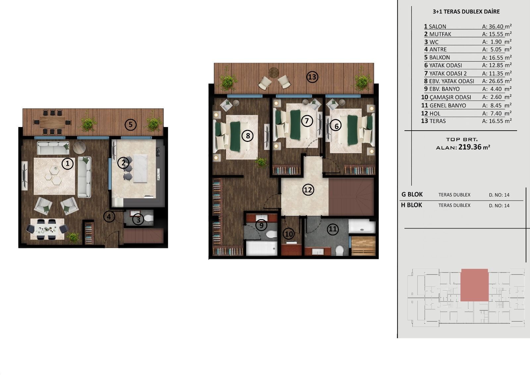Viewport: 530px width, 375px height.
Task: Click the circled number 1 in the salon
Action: [68, 163]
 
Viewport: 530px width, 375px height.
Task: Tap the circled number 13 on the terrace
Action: [312, 77]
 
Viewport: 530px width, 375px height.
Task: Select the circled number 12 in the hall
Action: [308, 190]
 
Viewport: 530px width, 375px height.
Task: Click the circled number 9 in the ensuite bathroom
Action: [261, 225]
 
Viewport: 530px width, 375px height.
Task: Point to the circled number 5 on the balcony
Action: [131, 125]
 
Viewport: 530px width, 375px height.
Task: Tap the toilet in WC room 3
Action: [148, 218]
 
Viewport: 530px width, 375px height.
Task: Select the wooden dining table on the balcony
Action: [52, 122]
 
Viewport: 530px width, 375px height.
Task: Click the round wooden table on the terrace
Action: [274, 72]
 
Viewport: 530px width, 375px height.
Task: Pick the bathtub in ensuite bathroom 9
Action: [261, 248]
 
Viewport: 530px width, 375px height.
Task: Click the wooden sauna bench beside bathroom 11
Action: [363, 245]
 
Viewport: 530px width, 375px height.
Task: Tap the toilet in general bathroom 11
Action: [339, 250]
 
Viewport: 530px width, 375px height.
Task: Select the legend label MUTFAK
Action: [440, 34]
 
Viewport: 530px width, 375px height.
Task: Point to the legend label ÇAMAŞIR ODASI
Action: [450, 97]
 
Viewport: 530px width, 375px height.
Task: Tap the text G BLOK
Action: [412, 195]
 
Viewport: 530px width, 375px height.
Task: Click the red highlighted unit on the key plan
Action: [474, 285]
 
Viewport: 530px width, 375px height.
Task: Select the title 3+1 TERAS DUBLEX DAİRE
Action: [466, 12]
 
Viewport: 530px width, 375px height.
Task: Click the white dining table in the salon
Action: [47, 229]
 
